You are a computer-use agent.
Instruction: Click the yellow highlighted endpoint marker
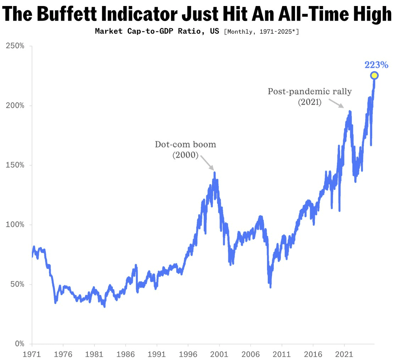tap(374, 75)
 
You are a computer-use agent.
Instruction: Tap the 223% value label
tap(376, 65)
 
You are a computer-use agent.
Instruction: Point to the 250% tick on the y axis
tap(15, 46)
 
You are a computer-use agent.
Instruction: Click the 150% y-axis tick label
tap(15, 165)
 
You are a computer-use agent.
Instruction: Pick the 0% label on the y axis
tap(18, 344)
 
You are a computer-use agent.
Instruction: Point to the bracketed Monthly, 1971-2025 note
tap(261, 32)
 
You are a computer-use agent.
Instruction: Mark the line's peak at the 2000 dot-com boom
tap(214, 173)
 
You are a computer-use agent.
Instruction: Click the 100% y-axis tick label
tap(15, 225)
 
